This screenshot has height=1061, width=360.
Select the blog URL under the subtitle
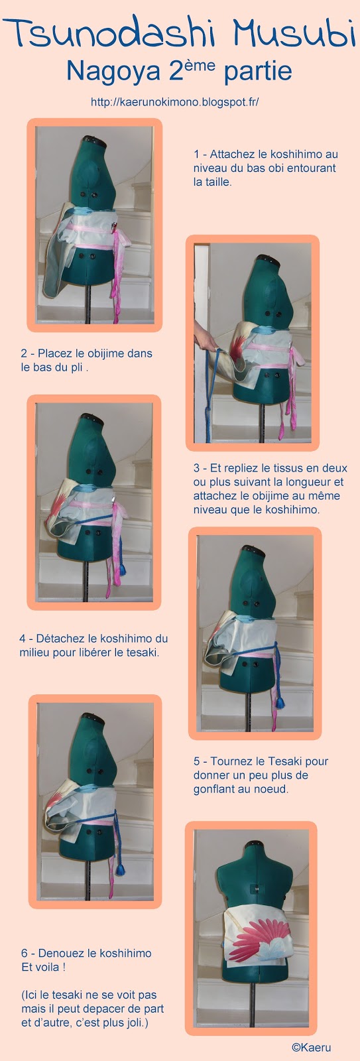[x=175, y=102]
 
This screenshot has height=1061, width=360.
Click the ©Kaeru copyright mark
[x=312, y=1048]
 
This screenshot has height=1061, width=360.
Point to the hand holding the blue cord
[x=200, y=336]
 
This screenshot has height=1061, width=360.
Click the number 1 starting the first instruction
[x=196, y=154]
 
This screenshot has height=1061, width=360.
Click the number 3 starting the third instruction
[x=196, y=468]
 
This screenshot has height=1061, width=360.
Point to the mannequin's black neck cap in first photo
[x=92, y=140]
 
